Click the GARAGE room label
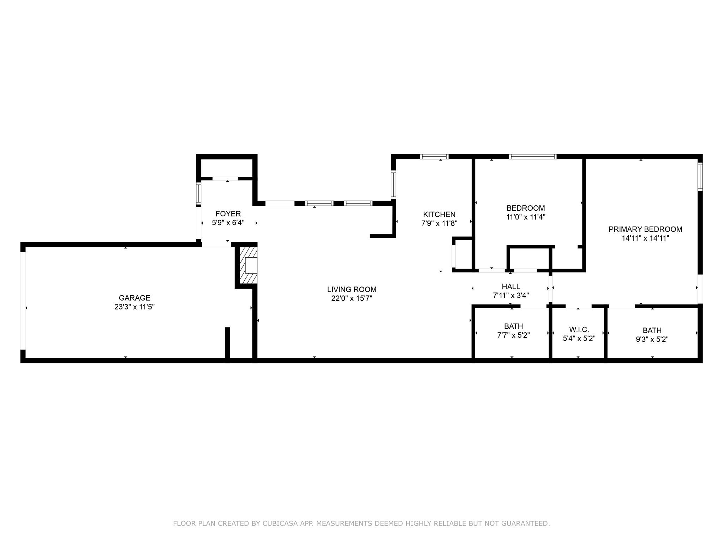coord(135,298)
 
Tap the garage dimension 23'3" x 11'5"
coord(135,307)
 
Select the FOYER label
coord(228,213)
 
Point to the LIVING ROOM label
coord(352,289)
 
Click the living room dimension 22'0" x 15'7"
coord(352,299)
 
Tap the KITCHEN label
coord(439,214)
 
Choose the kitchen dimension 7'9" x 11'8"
coord(439,223)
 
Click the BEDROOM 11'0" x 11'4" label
coord(526,208)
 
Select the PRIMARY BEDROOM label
coord(645,229)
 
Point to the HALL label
coord(511,287)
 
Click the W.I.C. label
coord(579,330)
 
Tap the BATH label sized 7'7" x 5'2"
coord(513,326)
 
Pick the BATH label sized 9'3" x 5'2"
coord(652,331)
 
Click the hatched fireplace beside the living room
coord(249,265)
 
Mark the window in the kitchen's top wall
coord(434,157)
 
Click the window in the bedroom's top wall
coord(532,157)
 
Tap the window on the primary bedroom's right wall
coord(700,176)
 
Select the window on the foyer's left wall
coord(199,194)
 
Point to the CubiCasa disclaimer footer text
coord(361,523)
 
